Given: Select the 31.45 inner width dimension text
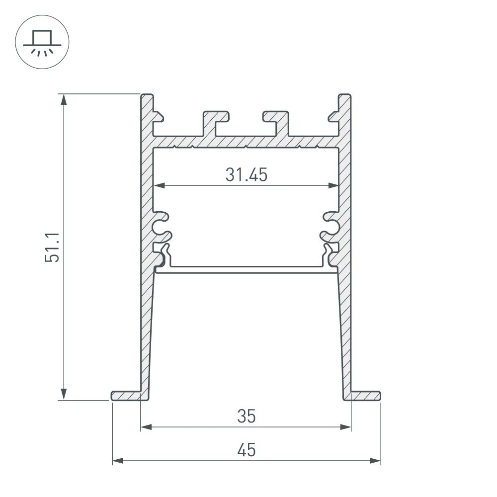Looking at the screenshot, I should [x=246, y=175].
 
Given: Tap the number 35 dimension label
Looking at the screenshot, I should [x=246, y=416].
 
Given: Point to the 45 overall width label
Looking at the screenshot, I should [x=246, y=450].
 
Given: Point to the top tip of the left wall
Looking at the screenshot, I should [x=146, y=95].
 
